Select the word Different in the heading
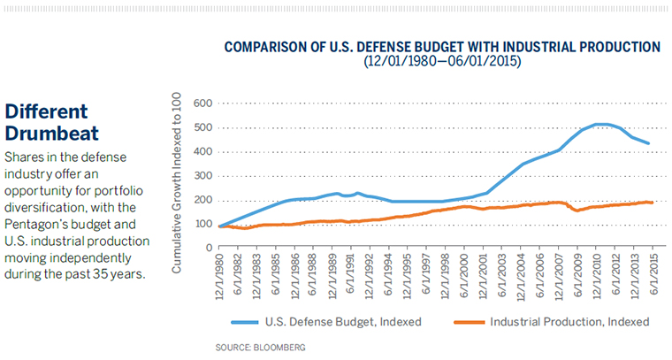point(47,112)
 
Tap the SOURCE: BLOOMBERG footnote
point(261,348)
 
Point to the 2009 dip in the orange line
point(577,211)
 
